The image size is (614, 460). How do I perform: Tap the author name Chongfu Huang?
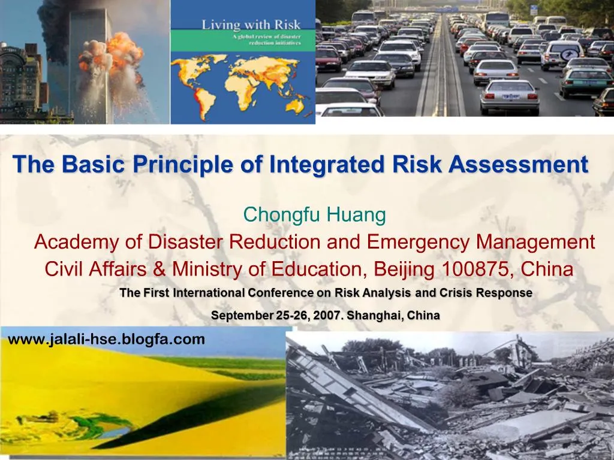314,214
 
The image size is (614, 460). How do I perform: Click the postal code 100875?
477,270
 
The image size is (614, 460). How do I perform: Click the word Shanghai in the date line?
377,315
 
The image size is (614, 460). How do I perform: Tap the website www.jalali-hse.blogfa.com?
106,340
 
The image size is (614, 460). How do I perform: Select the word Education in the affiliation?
317,270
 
